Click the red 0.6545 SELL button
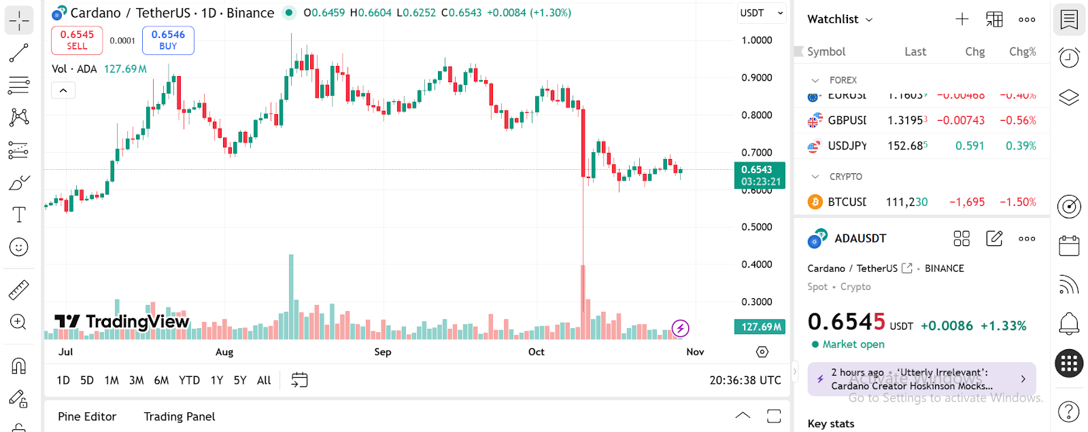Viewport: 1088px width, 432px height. (x=77, y=40)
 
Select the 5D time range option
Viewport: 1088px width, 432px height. (x=87, y=380)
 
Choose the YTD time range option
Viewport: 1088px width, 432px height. (x=189, y=380)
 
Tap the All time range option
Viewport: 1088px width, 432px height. (x=264, y=380)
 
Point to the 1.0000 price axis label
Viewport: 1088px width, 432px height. (x=756, y=40)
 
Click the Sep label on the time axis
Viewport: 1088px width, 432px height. (x=383, y=352)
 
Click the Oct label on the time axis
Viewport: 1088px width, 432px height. (x=537, y=352)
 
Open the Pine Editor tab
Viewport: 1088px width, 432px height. (x=87, y=416)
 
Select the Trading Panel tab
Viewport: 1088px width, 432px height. (x=180, y=416)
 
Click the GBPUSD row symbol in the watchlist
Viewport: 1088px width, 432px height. (x=847, y=120)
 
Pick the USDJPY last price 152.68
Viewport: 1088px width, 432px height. (x=907, y=146)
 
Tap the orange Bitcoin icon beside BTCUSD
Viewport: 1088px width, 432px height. (x=815, y=202)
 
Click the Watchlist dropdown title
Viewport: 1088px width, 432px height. (x=840, y=19)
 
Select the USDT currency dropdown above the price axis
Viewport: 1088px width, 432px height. (x=761, y=13)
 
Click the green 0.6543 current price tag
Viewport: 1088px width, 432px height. (x=760, y=175)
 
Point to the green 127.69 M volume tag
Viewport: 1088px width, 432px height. (x=760, y=327)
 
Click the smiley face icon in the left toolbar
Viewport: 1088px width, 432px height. (x=18, y=247)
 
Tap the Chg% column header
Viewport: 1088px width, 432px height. (x=1022, y=52)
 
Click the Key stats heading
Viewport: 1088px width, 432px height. (x=831, y=423)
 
